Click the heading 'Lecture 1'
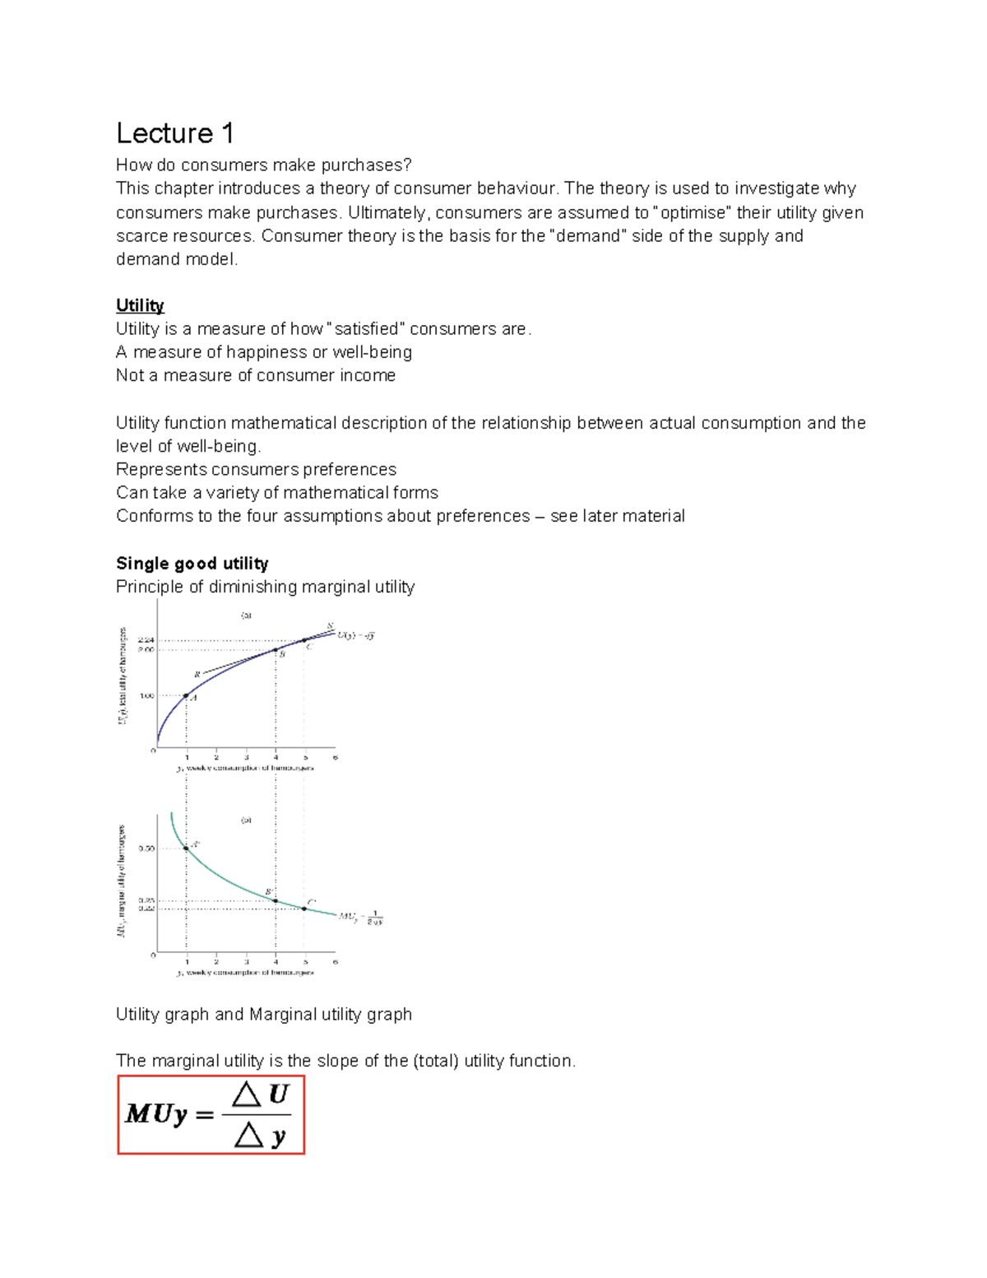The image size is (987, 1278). [175, 133]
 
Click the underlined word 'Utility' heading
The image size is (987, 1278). [140, 305]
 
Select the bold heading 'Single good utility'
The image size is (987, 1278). [192, 564]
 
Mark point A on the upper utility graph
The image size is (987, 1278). [187, 696]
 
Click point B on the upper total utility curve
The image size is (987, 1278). [276, 650]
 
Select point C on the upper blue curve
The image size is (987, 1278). [304, 640]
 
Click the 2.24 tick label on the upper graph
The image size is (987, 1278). [146, 639]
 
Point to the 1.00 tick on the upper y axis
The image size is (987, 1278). [146, 696]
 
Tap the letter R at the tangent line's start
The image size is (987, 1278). [197, 675]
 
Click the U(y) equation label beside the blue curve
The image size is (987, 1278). [356, 635]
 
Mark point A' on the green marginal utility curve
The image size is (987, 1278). [187, 848]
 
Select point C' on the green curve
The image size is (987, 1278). [304, 909]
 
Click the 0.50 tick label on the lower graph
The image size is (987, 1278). [146, 848]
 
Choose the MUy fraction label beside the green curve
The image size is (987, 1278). [361, 918]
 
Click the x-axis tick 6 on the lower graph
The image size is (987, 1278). [335, 961]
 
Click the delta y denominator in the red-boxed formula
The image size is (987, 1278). [260, 1136]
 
